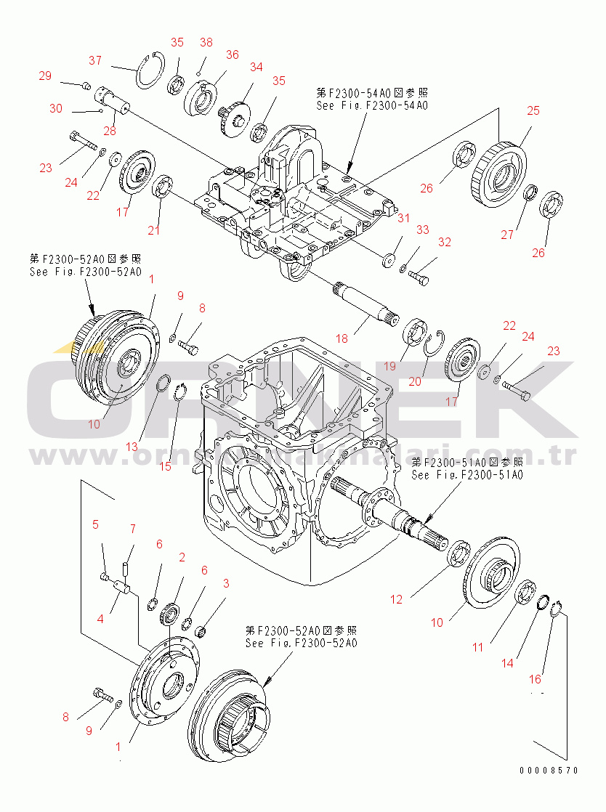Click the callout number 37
click(x=95, y=60)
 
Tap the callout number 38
click(x=206, y=42)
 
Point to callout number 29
click(x=45, y=76)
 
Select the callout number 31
click(x=404, y=218)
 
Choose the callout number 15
click(x=166, y=466)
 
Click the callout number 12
click(x=396, y=600)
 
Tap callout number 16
click(x=535, y=680)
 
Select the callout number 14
click(x=507, y=662)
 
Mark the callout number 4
click(x=100, y=619)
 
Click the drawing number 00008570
click(x=549, y=771)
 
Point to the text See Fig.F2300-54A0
click(x=371, y=105)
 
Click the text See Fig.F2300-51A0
click(x=466, y=475)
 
